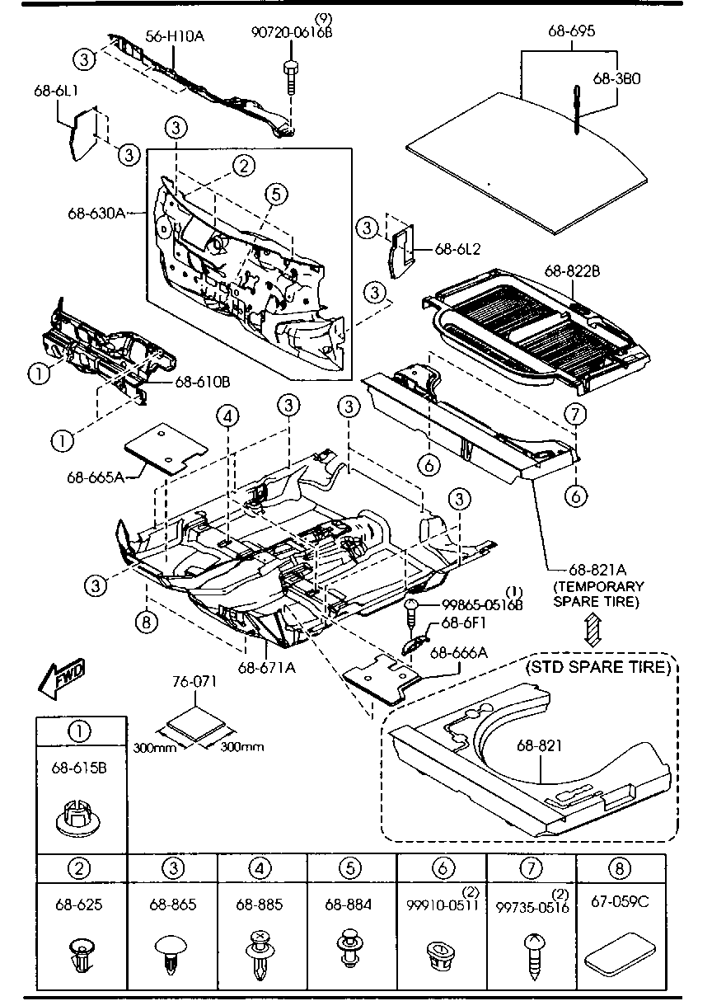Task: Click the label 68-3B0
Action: point(616,78)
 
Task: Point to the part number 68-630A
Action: point(96,213)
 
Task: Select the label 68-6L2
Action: point(457,247)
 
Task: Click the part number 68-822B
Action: point(572,270)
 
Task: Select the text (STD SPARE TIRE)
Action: point(598,666)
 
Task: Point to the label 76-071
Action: point(194,682)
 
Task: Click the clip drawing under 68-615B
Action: point(80,817)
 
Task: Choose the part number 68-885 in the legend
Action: point(262,905)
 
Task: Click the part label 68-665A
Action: point(94,477)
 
